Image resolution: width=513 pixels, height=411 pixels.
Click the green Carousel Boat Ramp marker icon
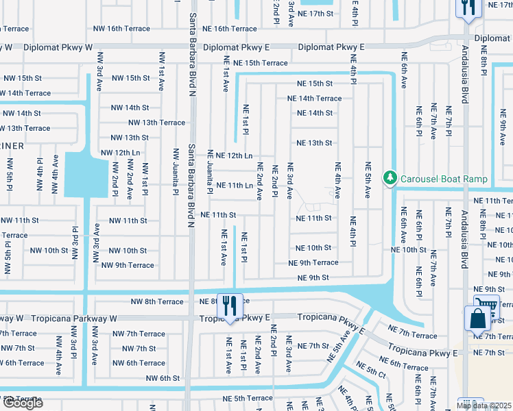[390, 179]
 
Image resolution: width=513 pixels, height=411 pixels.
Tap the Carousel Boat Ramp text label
[444, 179]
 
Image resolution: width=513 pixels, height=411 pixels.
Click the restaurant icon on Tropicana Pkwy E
[230, 305]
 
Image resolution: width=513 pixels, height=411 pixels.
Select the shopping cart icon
[486, 304]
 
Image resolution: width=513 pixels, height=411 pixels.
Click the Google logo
[23, 403]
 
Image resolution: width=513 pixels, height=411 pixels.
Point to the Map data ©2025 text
[484, 406]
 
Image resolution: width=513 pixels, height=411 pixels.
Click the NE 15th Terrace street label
[260, 63]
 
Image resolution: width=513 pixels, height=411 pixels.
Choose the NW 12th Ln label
[120, 153]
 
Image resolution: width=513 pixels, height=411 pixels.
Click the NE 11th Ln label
[235, 186]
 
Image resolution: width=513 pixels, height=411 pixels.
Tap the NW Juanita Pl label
[176, 168]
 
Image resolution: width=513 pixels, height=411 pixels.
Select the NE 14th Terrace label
[314, 99]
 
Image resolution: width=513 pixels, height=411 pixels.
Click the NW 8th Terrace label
[157, 301]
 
